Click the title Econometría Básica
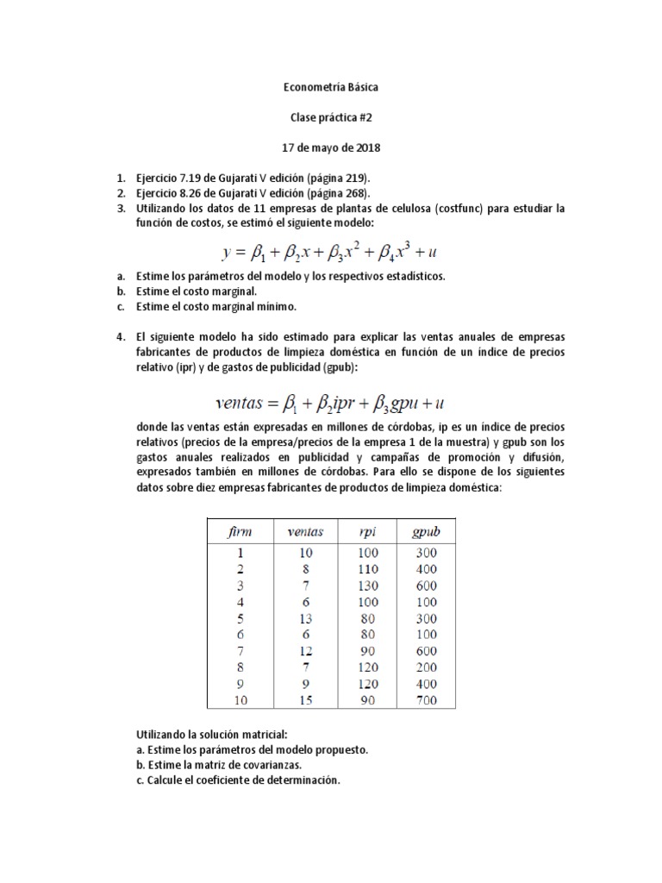(x=330, y=87)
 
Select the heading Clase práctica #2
(x=330, y=117)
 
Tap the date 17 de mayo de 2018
(x=330, y=147)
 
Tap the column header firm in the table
(x=240, y=531)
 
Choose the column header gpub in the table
(x=424, y=531)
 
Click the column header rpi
(x=367, y=531)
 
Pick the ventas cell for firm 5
(x=304, y=618)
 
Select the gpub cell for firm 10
(x=424, y=700)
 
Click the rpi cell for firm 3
(x=367, y=586)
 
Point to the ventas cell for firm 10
(x=304, y=700)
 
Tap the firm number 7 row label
(x=240, y=651)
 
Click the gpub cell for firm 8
(x=424, y=667)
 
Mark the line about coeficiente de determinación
(x=238, y=780)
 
